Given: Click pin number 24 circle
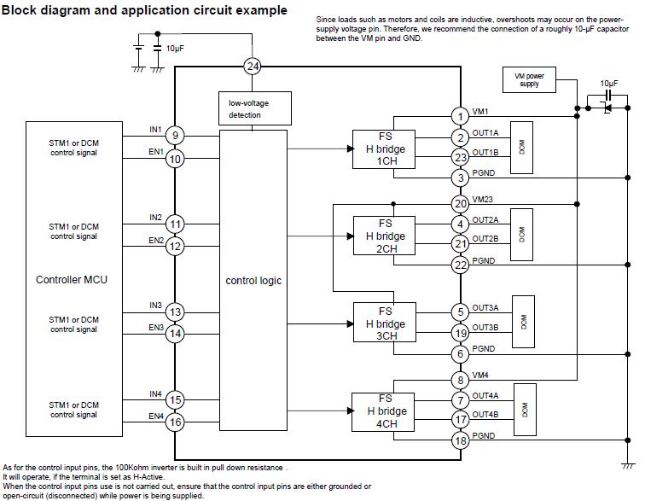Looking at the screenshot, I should click(252, 66).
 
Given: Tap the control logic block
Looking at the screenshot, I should click(253, 280).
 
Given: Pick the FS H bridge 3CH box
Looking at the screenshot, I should click(385, 323).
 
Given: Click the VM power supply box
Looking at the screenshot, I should click(529, 80).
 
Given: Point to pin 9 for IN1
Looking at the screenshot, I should click(175, 135).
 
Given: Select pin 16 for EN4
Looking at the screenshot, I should click(175, 422).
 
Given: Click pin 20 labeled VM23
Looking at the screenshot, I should click(461, 203).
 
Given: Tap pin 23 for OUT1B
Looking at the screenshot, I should click(461, 157).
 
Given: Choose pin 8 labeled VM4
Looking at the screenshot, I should click(461, 381).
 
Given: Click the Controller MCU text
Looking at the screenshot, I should click(72, 280).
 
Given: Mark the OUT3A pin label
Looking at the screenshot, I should click(485, 307).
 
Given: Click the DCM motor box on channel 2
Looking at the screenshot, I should click(522, 234).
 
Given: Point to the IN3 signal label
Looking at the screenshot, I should click(155, 306).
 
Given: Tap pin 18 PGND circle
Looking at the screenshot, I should click(461, 440).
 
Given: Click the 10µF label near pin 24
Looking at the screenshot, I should click(175, 49).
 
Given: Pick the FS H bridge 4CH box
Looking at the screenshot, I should click(385, 411).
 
